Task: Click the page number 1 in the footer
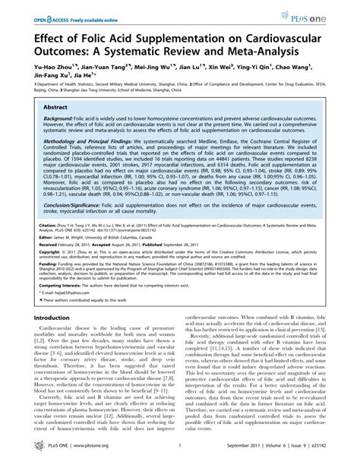[180, 451]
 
